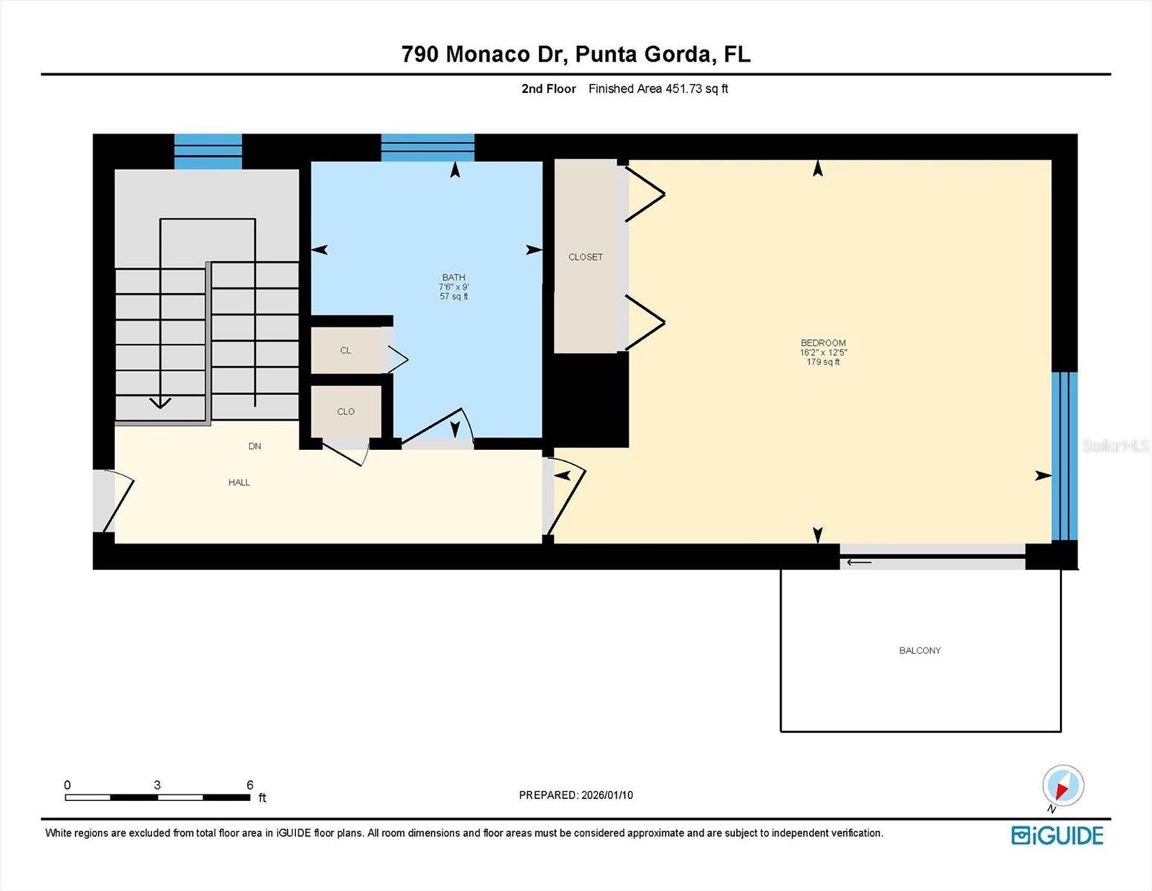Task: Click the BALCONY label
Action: pos(920,650)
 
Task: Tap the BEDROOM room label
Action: pos(822,343)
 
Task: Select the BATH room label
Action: pos(454,277)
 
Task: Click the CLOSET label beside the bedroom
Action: pos(586,257)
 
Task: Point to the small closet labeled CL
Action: pos(345,350)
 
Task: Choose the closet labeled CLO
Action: pos(346,411)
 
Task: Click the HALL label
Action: pos(239,483)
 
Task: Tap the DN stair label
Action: pos(255,446)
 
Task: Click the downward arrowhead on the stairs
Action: pos(160,402)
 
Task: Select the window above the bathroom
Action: pos(428,147)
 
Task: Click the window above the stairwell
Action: pos(208,151)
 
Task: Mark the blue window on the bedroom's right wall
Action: pos(1064,456)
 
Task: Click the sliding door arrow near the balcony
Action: pos(860,562)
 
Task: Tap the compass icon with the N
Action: pos(1063,786)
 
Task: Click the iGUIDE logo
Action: pos(1057,835)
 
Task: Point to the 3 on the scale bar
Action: pos(157,785)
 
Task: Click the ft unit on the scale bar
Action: pos(262,798)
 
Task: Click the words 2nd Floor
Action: pos(549,88)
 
